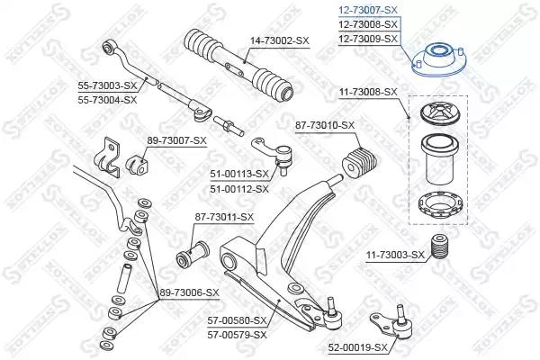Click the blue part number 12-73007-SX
click(368, 10)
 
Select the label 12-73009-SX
click(368, 39)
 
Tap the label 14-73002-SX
click(280, 40)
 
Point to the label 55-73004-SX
click(107, 100)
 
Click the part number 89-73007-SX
click(177, 140)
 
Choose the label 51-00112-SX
click(239, 189)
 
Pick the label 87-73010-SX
click(325, 125)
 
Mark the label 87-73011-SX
click(224, 217)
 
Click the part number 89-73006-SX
click(189, 292)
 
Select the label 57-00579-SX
click(238, 335)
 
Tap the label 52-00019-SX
click(358, 347)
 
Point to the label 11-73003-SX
click(395, 255)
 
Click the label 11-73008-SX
click(368, 92)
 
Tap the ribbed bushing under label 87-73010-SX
click(360, 163)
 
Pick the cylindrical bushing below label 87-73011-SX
click(193, 254)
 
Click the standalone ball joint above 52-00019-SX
click(392, 322)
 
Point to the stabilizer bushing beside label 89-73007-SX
click(137, 166)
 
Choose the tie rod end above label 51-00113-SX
click(273, 155)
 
